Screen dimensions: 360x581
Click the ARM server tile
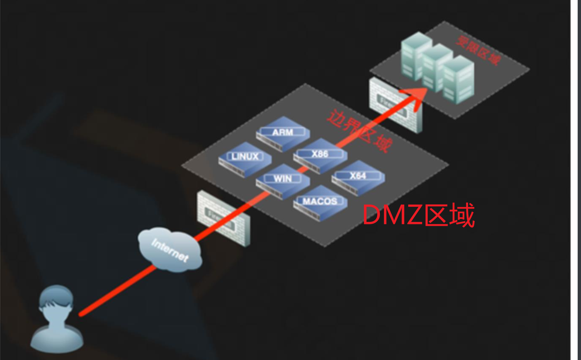pos(282,134)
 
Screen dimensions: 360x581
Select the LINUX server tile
pos(245,159)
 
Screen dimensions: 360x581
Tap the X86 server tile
pos(320,156)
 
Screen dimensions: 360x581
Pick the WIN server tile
pos(282,181)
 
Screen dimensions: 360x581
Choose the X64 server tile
pos(358,178)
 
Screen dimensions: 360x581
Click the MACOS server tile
pos(320,203)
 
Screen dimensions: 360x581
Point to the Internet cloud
pos(169,250)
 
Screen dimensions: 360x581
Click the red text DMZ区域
pos(419,215)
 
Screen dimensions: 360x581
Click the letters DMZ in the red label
pos(392,215)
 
